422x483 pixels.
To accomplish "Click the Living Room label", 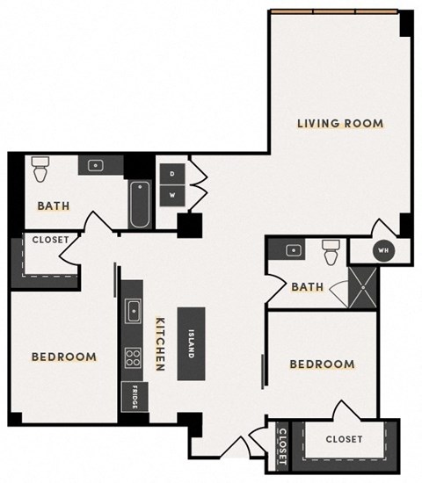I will tap(339, 124).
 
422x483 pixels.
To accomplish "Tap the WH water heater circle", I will tap(382, 250).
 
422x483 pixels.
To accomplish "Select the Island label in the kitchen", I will tap(191, 342).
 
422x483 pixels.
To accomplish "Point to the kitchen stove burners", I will tap(135, 357).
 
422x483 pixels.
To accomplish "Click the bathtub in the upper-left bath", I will tap(139, 205).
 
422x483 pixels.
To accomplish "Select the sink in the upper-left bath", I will tap(94, 165).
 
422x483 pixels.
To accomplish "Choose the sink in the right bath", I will tap(293, 250).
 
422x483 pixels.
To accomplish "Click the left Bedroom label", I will tap(63, 357).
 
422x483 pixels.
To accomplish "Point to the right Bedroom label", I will tap(322, 364).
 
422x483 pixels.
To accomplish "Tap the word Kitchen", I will tap(161, 343).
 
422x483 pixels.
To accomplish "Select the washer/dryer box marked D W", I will tap(172, 184).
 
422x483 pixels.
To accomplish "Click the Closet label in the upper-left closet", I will tap(45, 240).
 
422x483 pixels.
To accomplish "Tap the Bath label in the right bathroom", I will tap(308, 286).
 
